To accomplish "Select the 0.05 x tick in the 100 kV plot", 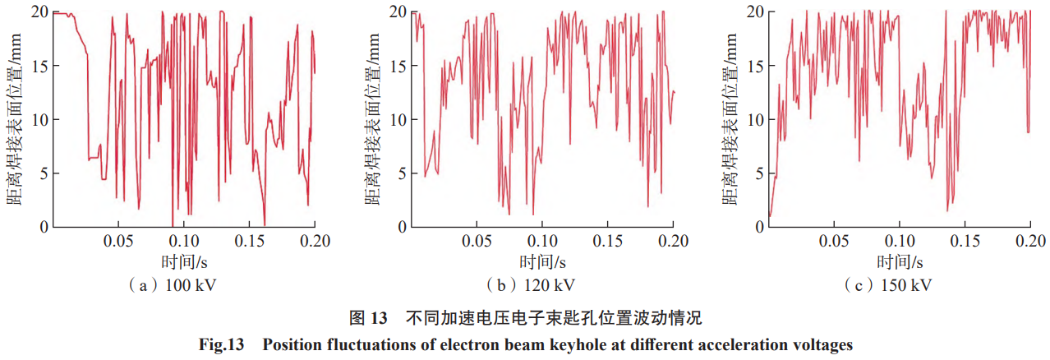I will (118, 242).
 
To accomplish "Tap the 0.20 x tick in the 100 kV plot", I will (315, 242).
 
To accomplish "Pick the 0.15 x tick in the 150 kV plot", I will (965, 242).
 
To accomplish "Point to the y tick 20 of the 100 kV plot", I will (38, 12).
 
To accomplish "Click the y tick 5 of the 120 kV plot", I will (399, 173).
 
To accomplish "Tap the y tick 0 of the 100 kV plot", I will (42, 227).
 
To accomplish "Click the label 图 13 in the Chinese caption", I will (367, 317).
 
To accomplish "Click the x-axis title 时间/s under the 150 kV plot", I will (900, 262).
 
